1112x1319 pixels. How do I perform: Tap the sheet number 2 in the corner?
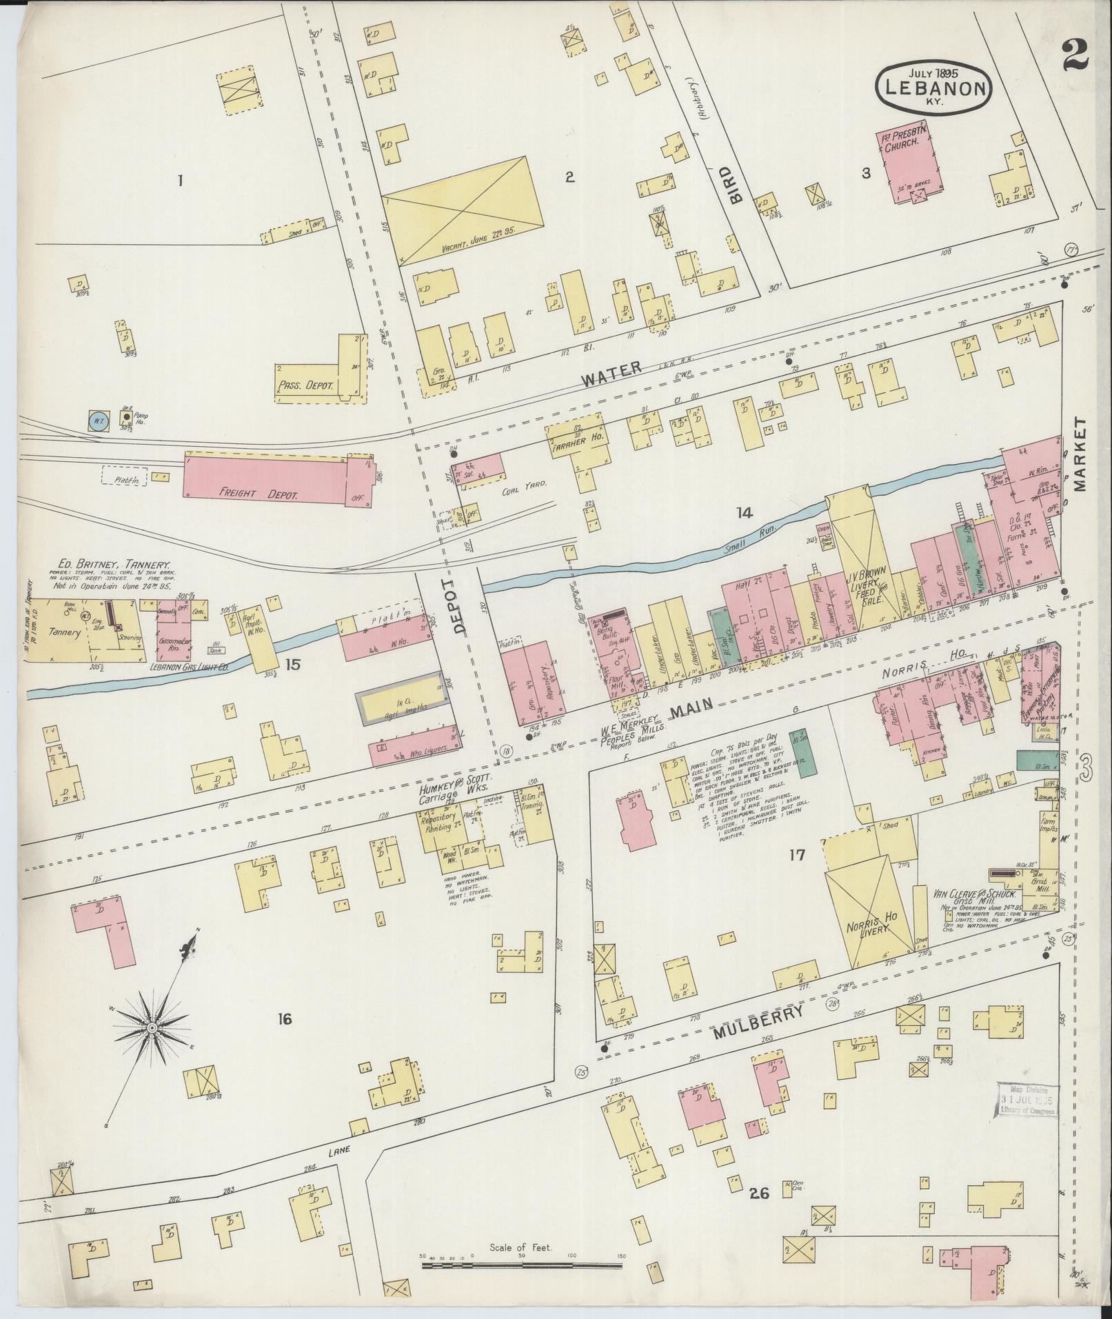pos(1075,54)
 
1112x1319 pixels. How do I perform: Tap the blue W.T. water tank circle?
pos(97,420)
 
